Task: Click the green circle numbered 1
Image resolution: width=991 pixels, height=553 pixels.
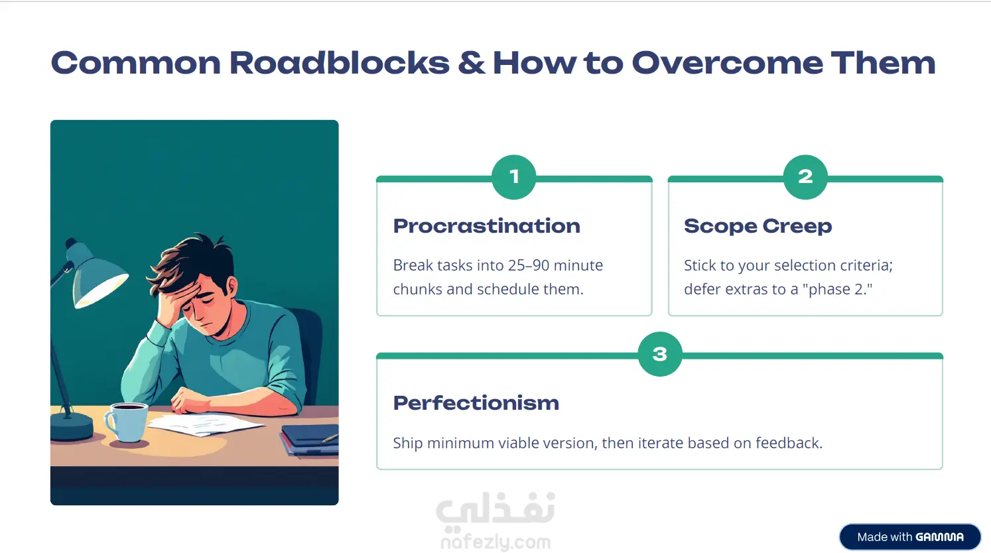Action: tap(513, 177)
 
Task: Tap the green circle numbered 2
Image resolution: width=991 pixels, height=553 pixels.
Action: tap(805, 177)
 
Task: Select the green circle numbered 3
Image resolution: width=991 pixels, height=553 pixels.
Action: tap(659, 354)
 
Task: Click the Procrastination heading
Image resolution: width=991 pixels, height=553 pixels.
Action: tap(486, 226)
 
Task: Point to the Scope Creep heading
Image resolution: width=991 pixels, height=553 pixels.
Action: tap(758, 226)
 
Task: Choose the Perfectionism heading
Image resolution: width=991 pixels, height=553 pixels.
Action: tap(476, 403)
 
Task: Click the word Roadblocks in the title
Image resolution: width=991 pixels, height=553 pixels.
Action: tap(340, 62)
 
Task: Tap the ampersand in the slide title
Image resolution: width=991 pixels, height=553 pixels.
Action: tap(471, 62)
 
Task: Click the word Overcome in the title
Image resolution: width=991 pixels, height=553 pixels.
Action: tap(727, 62)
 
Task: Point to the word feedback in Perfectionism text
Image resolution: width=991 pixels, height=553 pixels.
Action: tap(789, 442)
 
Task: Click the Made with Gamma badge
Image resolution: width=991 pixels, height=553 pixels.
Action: tap(910, 536)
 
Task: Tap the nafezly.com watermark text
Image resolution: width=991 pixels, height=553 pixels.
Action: tap(496, 542)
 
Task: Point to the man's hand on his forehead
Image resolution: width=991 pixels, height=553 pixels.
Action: tap(173, 305)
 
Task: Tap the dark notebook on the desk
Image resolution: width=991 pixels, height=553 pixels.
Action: tap(310, 440)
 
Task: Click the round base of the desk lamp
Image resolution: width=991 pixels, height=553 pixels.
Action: tap(71, 425)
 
